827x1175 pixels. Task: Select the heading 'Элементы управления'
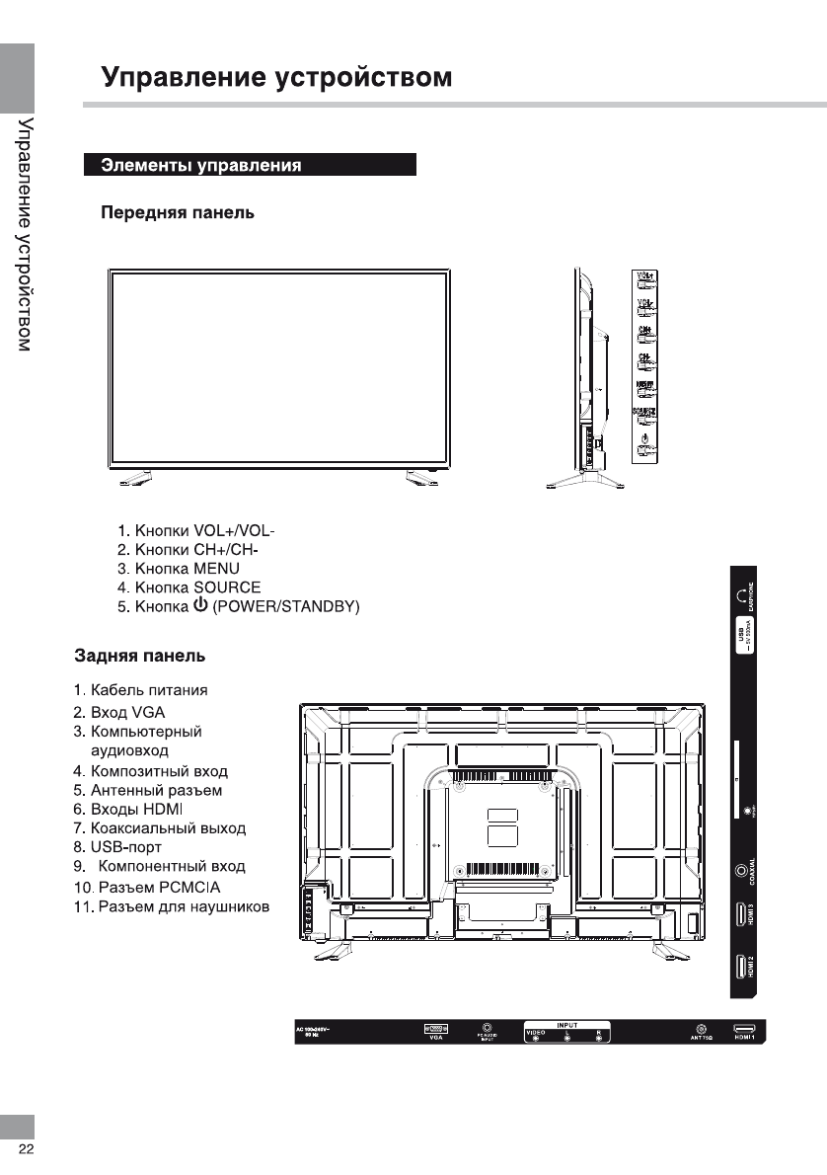[201, 165]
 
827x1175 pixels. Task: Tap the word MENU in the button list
[216, 569]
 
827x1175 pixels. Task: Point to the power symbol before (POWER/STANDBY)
[200, 605]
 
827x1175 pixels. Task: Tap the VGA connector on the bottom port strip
[435, 1029]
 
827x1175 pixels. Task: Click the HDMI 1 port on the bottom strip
[743, 1029]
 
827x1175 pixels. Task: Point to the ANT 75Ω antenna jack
[701, 1029]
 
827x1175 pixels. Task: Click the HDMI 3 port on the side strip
[741, 913]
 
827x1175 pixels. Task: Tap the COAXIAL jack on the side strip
[742, 870]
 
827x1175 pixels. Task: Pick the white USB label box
[743, 648]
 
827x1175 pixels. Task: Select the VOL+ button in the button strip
[646, 281]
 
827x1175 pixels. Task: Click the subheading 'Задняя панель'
[140, 656]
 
